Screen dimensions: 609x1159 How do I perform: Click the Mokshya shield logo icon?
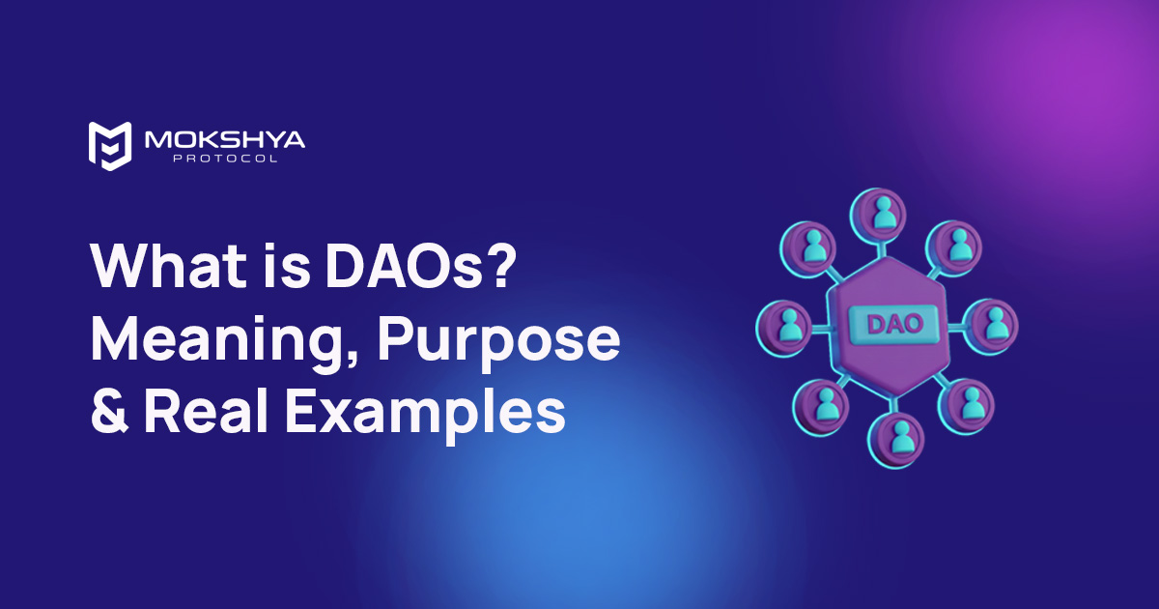108,146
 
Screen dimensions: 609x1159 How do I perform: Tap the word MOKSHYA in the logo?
224,140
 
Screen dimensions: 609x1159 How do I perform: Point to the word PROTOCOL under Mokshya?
224,159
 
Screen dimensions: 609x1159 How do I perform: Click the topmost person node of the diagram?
883,215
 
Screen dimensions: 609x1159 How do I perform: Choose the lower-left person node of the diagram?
821,406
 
